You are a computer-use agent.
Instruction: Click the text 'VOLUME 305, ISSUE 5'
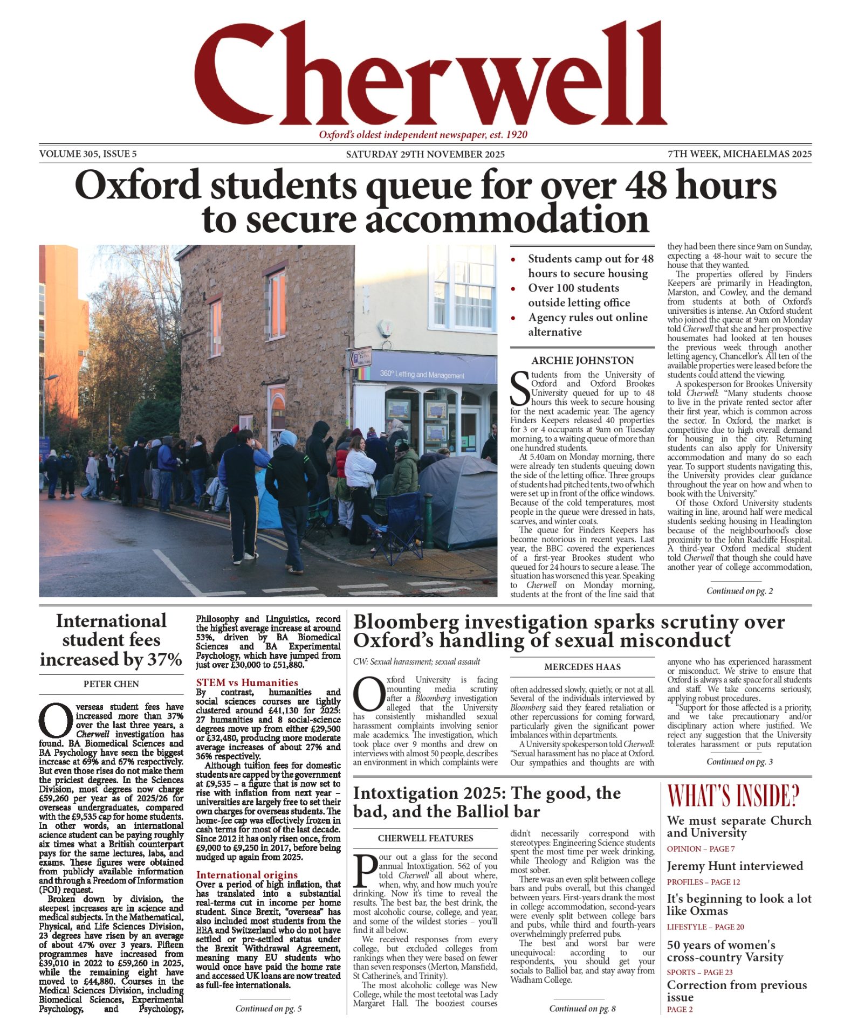point(88,154)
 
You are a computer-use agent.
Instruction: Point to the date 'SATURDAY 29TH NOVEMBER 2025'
point(425,155)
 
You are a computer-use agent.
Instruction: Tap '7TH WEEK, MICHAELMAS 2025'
point(739,154)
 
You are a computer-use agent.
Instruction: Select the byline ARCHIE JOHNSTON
point(582,361)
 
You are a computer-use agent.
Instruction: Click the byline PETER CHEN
point(111,684)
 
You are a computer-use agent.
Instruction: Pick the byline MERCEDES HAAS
point(582,667)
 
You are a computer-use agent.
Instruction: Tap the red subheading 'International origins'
point(246,875)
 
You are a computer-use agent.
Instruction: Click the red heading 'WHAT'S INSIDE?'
point(733,796)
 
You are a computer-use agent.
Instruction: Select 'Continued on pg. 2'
point(739,591)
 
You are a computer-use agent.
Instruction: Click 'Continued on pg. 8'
point(582,1009)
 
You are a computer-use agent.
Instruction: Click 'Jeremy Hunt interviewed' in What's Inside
point(735,866)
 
